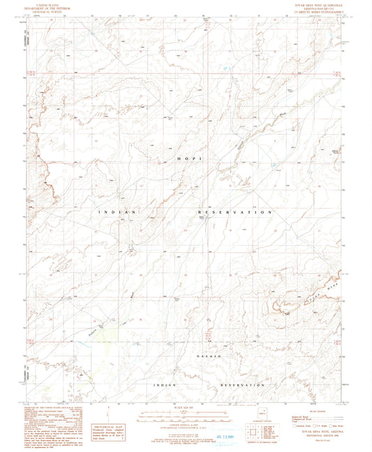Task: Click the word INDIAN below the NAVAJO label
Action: point(165,385)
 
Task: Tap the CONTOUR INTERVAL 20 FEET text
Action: point(185,423)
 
